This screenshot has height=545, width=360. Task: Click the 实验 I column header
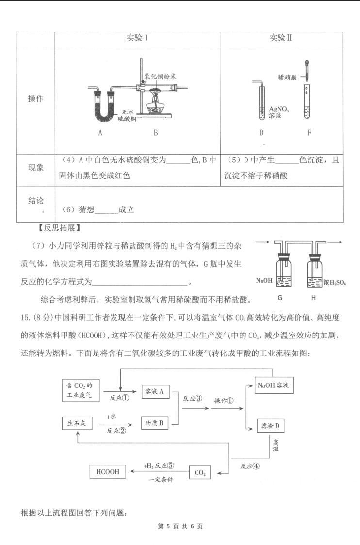click(x=137, y=37)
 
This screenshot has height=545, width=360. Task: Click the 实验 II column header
click(x=281, y=37)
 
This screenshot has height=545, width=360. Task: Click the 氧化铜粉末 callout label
click(x=160, y=76)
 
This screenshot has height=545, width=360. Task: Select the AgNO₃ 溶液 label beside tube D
click(x=278, y=112)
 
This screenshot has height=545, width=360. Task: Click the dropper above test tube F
click(x=307, y=71)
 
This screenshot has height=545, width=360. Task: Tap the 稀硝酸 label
click(x=287, y=77)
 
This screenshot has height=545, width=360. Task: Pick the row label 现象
click(x=36, y=168)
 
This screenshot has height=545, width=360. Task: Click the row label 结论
click(x=36, y=201)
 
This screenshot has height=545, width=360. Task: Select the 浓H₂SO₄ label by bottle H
click(x=334, y=282)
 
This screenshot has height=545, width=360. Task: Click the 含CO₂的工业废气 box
click(x=81, y=390)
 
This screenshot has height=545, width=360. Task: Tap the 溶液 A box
click(x=154, y=391)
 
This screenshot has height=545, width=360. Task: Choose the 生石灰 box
click(x=77, y=423)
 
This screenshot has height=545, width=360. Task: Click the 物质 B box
click(x=154, y=423)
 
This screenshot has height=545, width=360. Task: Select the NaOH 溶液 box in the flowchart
click(x=274, y=385)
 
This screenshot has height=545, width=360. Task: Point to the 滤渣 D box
click(x=270, y=425)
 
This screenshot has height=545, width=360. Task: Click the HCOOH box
click(x=108, y=472)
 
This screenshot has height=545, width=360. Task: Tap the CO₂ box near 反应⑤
click(x=200, y=472)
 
